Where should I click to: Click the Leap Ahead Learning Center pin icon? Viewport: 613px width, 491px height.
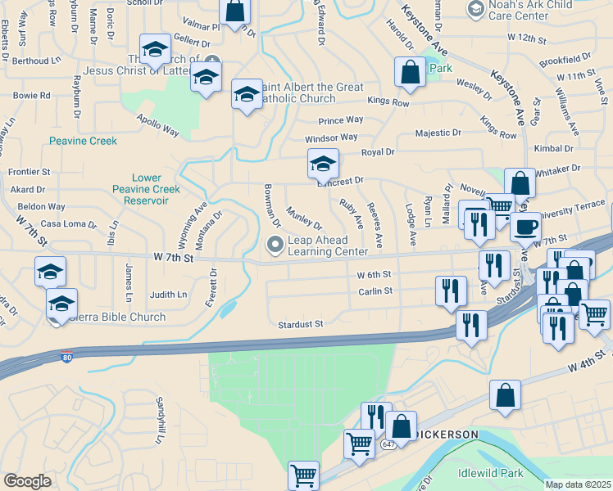tap(275, 244)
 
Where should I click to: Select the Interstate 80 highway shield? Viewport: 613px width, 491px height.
tap(66, 357)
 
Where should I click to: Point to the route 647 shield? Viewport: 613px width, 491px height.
tap(388, 444)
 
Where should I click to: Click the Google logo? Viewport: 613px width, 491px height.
tap(27, 480)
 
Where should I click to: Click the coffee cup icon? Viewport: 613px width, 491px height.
tap(525, 226)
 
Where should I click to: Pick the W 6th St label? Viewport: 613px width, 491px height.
tap(375, 275)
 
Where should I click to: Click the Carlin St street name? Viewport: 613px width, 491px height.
tap(375, 291)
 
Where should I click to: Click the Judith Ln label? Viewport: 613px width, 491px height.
tap(168, 295)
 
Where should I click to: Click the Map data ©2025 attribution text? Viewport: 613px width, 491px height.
tap(578, 484)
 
